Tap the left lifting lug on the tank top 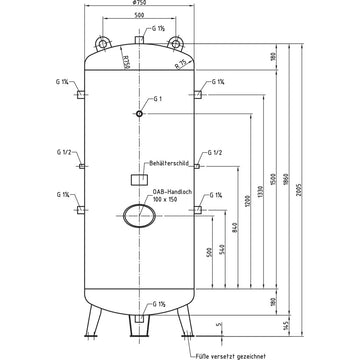point(103,40)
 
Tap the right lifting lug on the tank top point(177,40)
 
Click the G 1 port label point(156,101)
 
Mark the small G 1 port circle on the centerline point(140,114)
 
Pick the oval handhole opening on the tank point(140,212)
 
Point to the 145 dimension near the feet point(286,326)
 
